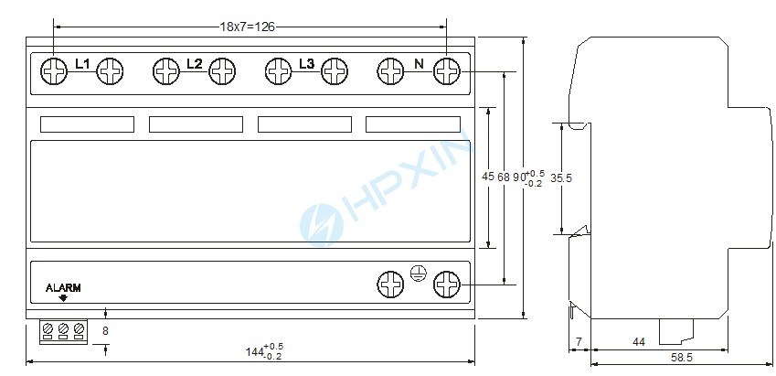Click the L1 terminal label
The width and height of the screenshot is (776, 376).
[82, 63]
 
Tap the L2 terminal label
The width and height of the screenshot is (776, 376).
[195, 63]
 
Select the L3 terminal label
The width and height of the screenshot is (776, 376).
[307, 63]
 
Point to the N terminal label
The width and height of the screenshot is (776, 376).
[419, 63]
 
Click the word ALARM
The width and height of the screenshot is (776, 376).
[63, 288]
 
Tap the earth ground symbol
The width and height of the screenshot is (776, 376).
[419, 274]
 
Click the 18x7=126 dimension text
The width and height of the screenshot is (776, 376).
[247, 27]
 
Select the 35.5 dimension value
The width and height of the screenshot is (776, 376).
[561, 178]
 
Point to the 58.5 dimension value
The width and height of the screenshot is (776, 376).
[682, 357]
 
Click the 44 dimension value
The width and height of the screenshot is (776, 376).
[639, 342]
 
